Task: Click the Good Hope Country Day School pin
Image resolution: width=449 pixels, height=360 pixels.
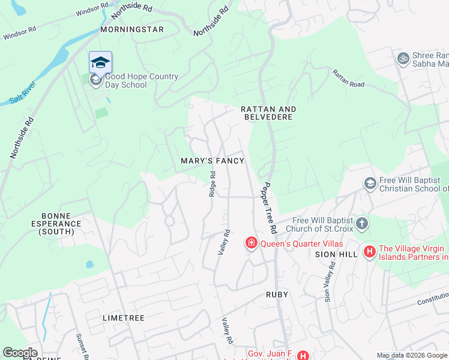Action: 100,62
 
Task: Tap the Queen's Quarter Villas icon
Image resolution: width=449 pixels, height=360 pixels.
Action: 251,243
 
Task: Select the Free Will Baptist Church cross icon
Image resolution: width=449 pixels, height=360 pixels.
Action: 361,224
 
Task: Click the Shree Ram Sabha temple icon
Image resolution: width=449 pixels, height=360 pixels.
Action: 402,59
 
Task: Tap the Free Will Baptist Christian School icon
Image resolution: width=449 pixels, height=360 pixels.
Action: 370,182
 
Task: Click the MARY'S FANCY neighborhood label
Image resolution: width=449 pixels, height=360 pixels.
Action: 212,161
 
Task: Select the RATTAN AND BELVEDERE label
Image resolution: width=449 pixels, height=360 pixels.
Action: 268,113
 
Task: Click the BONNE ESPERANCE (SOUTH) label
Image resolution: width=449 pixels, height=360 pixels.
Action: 60,223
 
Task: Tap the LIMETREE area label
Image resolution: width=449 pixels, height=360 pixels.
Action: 124,318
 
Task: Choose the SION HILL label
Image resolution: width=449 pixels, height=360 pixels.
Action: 336,254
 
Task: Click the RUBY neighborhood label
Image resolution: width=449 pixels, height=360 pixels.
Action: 277,295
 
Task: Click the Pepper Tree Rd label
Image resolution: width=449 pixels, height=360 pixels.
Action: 269,208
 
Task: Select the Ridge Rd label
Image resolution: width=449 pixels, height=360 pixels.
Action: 212,184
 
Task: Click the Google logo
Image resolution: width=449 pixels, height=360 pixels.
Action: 20,353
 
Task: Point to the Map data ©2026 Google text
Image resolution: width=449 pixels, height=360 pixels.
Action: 411,355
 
